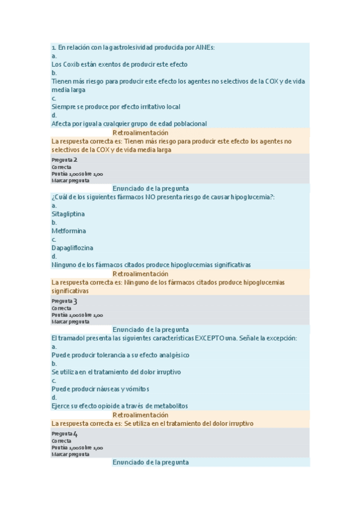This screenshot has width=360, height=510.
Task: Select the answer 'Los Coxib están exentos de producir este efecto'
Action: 120,64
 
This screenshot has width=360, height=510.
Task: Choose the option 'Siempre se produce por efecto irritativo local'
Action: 115,106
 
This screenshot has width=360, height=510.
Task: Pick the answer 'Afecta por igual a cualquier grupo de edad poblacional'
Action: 129,123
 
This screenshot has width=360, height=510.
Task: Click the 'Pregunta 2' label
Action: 64,160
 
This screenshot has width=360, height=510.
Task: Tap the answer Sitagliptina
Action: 69,214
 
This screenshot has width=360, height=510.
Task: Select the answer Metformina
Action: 69,230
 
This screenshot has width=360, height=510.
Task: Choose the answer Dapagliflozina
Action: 72,247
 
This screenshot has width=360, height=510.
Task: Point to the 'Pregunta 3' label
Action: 64,301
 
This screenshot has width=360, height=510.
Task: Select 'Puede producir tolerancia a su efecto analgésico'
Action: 120,355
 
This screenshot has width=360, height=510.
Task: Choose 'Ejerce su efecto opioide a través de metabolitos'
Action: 120,405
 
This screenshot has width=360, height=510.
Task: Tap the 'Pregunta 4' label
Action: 64,434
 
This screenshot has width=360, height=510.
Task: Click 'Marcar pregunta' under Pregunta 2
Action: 70,180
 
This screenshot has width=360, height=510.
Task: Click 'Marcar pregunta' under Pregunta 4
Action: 70,454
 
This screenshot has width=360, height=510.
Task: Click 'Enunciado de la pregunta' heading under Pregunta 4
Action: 150,462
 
